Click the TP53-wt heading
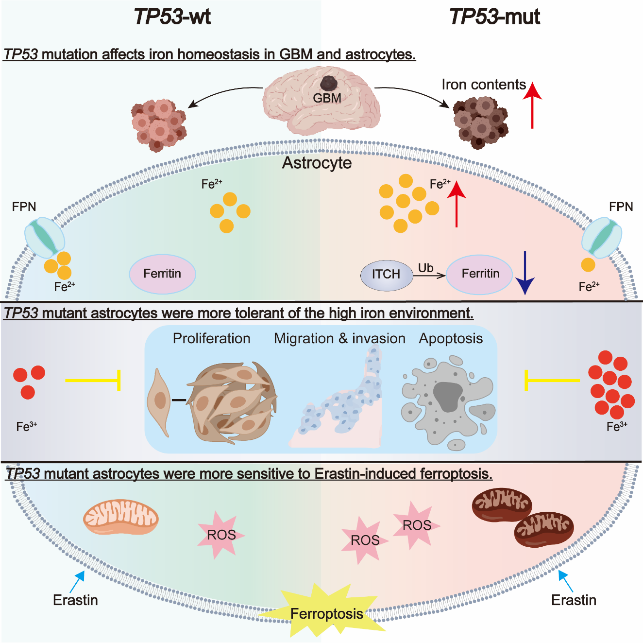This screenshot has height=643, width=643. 172,17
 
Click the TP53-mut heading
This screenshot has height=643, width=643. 494,17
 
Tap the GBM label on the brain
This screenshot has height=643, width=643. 327,98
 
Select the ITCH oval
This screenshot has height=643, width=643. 386,274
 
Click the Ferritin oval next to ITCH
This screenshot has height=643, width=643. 480,274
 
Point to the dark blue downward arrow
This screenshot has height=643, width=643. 525,273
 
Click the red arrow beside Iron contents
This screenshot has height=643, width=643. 533,105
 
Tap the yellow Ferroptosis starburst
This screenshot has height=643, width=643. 326,613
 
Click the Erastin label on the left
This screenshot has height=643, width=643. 75,600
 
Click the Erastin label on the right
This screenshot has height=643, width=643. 574,600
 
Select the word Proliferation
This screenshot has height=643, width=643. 212,338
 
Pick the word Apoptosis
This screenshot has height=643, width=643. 451,338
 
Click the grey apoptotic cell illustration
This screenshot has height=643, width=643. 447,400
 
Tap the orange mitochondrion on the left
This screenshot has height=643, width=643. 121,516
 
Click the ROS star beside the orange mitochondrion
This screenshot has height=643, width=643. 221,535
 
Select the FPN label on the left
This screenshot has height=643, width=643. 24,207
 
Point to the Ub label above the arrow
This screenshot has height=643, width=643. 425,268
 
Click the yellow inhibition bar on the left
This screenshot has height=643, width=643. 93,380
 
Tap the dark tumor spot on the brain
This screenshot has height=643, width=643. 330,83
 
